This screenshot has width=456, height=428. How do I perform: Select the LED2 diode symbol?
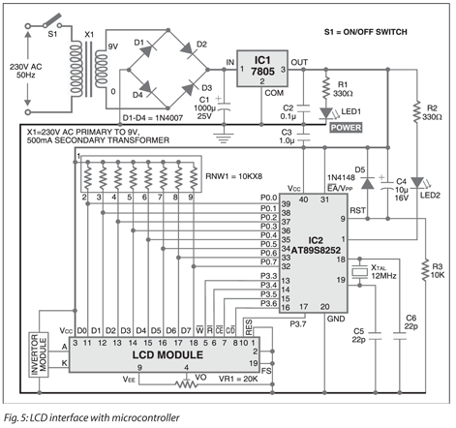[x=416, y=183]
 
